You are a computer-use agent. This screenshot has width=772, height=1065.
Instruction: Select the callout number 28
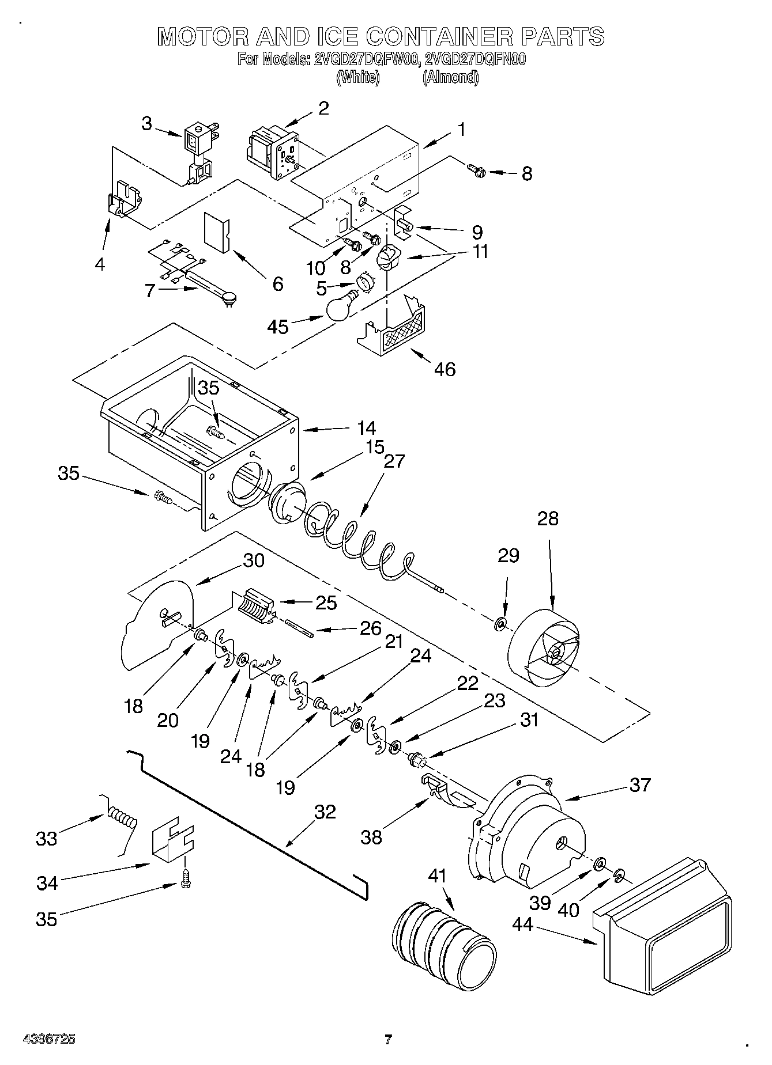[548, 518]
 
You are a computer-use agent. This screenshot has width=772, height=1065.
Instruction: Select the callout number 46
[442, 369]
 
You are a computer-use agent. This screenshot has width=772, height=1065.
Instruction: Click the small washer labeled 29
[500, 623]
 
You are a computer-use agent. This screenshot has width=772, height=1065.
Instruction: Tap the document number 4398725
[49, 1039]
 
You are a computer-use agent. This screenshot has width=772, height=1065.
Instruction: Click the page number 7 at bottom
[388, 1039]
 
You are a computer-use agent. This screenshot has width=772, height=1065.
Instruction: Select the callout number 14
[366, 428]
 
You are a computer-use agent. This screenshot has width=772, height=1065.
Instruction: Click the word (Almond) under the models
[450, 77]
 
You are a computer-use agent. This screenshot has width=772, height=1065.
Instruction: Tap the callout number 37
[640, 784]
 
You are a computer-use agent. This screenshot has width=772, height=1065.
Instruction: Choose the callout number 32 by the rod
[325, 812]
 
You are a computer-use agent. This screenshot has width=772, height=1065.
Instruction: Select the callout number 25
[326, 602]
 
